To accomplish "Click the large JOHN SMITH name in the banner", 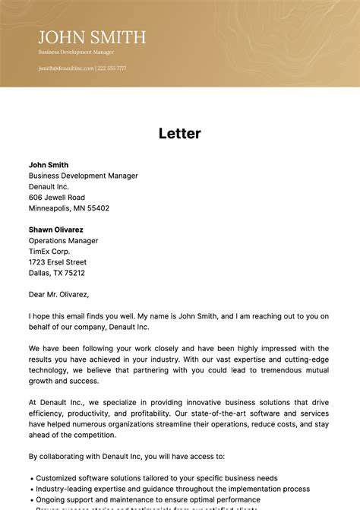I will pyautogui.click(x=92, y=37).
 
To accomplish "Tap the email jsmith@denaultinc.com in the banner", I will pyautogui.click(x=66, y=68).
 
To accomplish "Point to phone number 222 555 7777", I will pyautogui.click(x=112, y=68).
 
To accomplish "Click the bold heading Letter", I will pyautogui.click(x=180, y=134).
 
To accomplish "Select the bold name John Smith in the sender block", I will pyautogui.click(x=49, y=165).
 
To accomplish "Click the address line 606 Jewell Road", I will pyautogui.click(x=57, y=197).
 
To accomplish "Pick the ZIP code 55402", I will pyautogui.click(x=98, y=208).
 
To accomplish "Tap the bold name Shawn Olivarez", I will pyautogui.click(x=56, y=230).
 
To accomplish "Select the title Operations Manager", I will pyautogui.click(x=63, y=241).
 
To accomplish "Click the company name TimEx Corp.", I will pyautogui.click(x=49, y=252).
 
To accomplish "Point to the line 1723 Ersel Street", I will pyautogui.click(x=58, y=262).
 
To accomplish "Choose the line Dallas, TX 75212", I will pyautogui.click(x=57, y=273).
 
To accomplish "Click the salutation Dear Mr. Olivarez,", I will pyautogui.click(x=59, y=294).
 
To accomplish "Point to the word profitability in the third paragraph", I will pyautogui.click(x=154, y=413).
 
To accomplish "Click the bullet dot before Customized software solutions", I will pyautogui.click(x=31, y=479).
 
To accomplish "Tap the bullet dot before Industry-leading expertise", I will pyautogui.click(x=31, y=489).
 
